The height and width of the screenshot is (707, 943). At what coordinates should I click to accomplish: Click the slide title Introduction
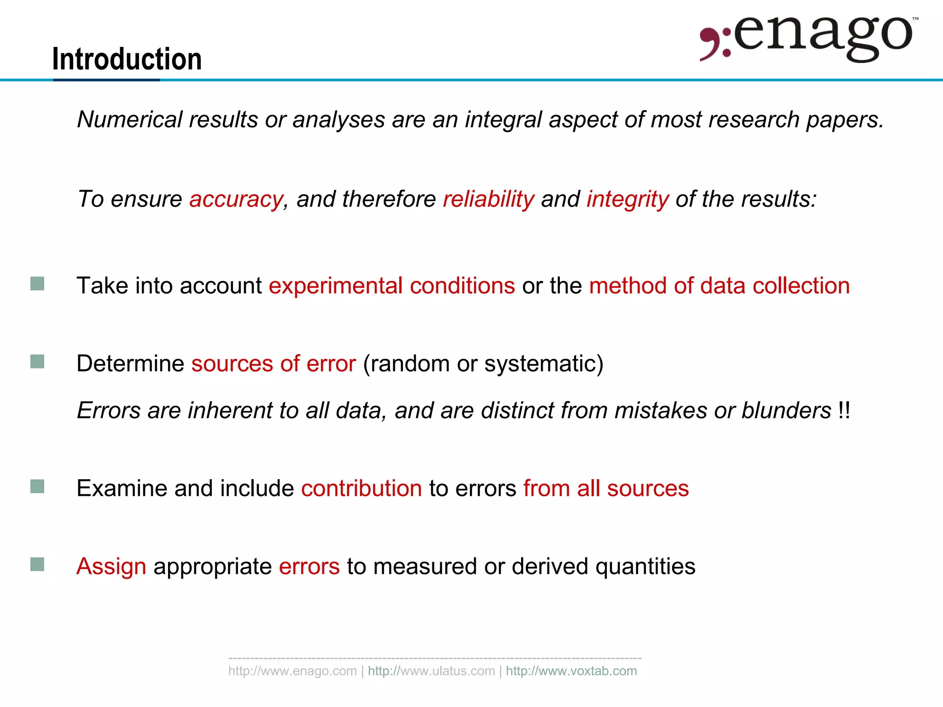[127, 59]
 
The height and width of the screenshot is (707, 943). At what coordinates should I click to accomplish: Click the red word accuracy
[236, 199]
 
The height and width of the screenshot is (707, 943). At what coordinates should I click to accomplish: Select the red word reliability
[488, 199]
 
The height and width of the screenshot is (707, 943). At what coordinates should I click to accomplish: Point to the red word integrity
[627, 199]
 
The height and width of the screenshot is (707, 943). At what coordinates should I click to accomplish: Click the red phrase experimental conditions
[392, 285]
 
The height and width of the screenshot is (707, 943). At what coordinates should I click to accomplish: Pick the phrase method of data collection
[719, 285]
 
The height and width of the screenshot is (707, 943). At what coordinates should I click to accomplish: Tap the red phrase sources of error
[274, 364]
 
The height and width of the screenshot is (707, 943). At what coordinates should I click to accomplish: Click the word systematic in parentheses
[541, 364]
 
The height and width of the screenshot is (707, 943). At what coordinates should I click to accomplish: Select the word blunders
[786, 410]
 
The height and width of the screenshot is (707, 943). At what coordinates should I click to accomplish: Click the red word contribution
[361, 488]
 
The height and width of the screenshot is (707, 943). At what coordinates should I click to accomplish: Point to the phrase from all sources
[606, 488]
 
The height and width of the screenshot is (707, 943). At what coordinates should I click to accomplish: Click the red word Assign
[111, 566]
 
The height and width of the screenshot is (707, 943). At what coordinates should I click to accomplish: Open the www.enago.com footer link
[292, 671]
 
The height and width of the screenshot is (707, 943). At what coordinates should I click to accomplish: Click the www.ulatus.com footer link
[431, 671]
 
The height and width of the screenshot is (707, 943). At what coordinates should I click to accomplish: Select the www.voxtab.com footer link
[571, 671]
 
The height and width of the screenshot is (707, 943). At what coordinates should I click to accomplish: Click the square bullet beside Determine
[37, 362]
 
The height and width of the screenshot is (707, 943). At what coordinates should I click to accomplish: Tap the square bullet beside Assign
[37, 564]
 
